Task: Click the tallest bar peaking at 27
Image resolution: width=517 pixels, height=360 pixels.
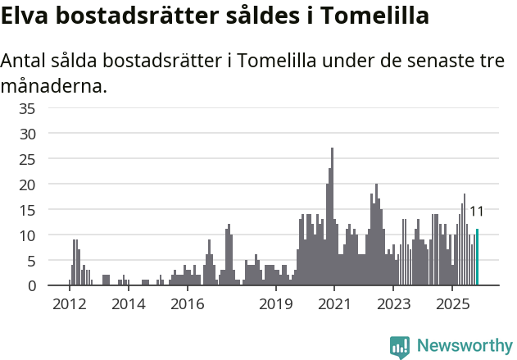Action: (332, 217)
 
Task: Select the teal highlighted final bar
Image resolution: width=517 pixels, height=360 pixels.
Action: (477, 257)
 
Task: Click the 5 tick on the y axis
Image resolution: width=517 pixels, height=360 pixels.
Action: (31, 261)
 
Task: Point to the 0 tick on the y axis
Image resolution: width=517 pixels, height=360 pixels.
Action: (31, 286)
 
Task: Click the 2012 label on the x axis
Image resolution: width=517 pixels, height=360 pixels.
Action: (70, 304)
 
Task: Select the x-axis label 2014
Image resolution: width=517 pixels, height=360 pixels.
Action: (128, 304)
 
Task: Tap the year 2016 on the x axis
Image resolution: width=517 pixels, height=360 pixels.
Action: (187, 304)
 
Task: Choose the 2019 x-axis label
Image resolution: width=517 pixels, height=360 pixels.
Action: (275, 304)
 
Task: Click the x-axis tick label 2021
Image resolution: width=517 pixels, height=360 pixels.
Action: (334, 304)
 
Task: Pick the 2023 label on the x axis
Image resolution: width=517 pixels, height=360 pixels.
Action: (393, 304)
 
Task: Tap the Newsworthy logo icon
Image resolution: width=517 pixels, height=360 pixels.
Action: (400, 346)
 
